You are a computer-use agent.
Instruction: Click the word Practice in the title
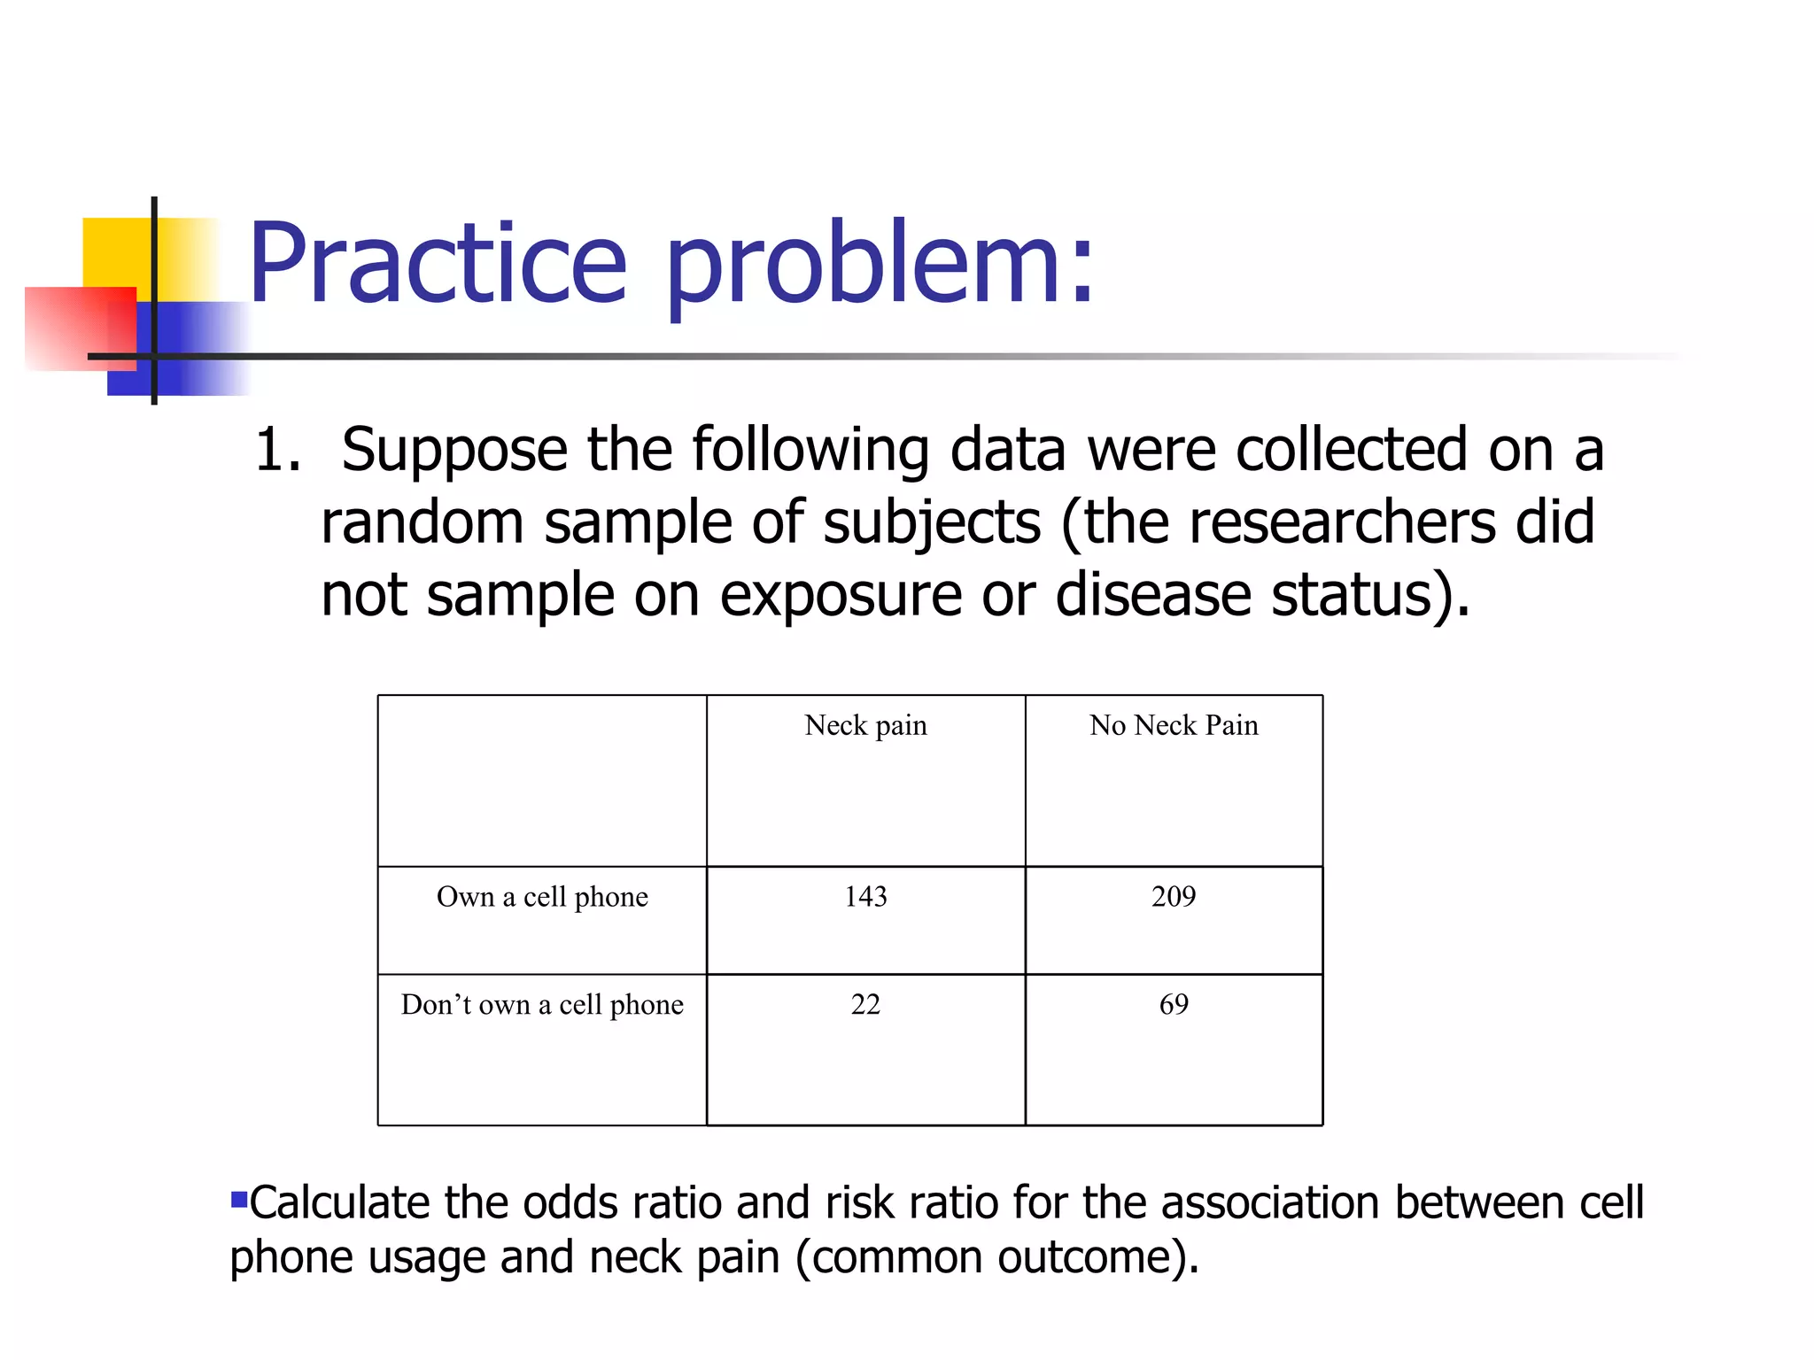[x=438, y=264]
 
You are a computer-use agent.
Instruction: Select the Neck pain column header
[x=865, y=725]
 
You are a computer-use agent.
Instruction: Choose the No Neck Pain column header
[x=1173, y=725]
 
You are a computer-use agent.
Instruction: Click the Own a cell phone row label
[x=542, y=897]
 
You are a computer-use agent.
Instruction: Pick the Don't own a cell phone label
[x=542, y=1005]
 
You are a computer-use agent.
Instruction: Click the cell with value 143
[x=865, y=897]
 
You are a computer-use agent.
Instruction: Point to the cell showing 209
[x=1173, y=897]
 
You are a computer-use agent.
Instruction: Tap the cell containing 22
[x=865, y=1005]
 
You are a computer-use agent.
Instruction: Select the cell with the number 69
[x=1173, y=1005]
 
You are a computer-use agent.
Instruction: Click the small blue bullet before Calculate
[x=238, y=1201]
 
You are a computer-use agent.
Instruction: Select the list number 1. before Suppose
[x=277, y=450]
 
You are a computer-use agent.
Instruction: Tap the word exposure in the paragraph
[x=840, y=595]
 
